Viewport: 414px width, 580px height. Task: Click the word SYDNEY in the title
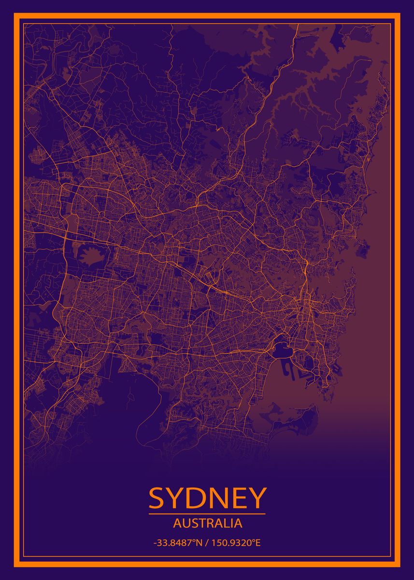pyautogui.click(x=207, y=498)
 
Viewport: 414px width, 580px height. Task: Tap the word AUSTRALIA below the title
pyautogui.click(x=207, y=523)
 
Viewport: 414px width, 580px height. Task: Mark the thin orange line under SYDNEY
pyautogui.click(x=207, y=514)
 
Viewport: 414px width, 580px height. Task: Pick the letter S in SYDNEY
pyautogui.click(x=157, y=498)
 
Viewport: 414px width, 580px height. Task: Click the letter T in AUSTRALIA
pyautogui.click(x=200, y=523)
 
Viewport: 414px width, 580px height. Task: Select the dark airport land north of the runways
pyautogui.click(x=281, y=349)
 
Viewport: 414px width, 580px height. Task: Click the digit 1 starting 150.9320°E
pyautogui.click(x=212, y=543)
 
